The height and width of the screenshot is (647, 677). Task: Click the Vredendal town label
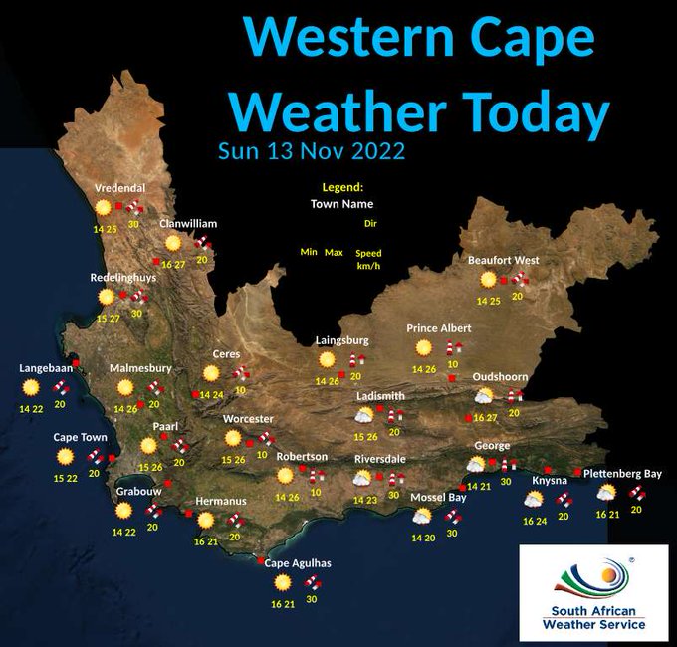(119, 188)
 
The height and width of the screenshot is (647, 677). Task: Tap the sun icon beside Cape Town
(66, 457)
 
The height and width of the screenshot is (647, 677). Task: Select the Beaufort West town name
(503, 260)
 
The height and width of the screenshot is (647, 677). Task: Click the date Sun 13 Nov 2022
(311, 151)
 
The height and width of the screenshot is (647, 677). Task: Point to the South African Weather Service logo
(593, 593)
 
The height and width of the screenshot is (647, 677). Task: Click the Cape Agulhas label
(298, 563)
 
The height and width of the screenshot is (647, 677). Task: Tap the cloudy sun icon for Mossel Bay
(422, 516)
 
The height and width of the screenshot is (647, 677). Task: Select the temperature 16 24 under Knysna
(535, 521)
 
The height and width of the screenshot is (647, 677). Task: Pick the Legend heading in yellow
(342, 187)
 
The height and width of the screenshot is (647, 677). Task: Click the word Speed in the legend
(368, 253)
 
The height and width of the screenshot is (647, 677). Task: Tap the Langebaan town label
(46, 368)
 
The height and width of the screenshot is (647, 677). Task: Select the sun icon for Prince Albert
(424, 347)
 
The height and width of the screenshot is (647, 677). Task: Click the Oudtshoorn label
(500, 377)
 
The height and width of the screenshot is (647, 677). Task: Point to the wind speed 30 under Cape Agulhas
(312, 599)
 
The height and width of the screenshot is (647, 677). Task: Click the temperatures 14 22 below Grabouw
(124, 532)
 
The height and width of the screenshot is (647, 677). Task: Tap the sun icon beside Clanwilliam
(173, 243)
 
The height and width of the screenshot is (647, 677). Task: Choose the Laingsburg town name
(341, 340)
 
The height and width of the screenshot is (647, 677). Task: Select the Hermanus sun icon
(205, 520)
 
